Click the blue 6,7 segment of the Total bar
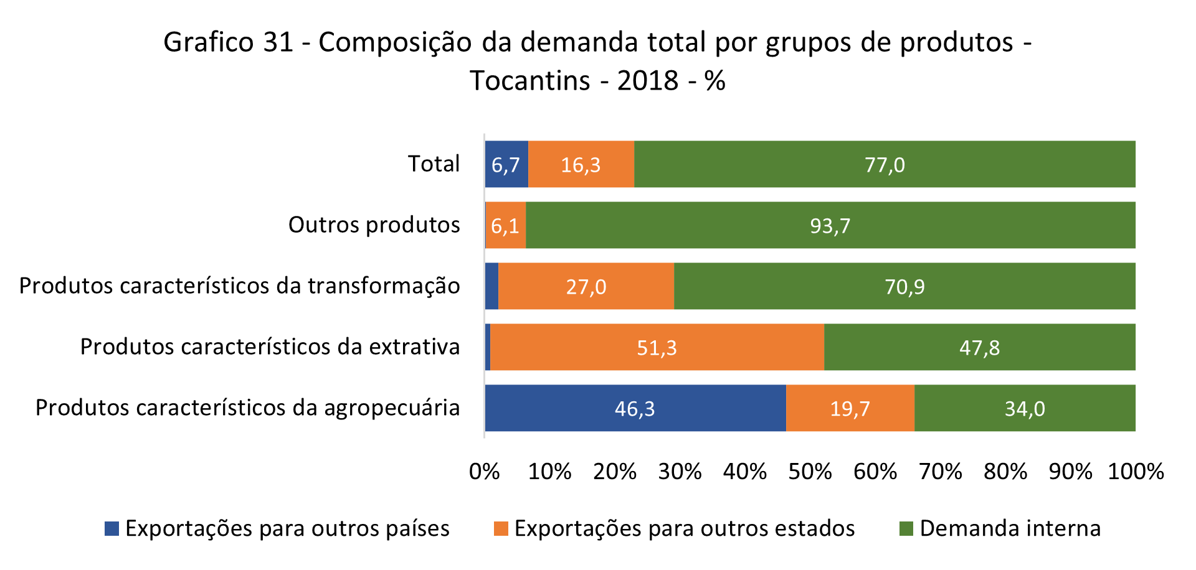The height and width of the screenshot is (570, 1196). coord(506,164)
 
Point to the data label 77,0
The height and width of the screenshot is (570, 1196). coord(885,165)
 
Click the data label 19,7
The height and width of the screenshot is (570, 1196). coord(850,409)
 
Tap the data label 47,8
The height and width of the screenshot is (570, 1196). coord(979,348)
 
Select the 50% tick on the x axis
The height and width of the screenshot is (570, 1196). coord(810,472)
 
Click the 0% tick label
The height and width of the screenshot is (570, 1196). coord(485,472)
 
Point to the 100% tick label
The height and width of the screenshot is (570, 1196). coord(1136,472)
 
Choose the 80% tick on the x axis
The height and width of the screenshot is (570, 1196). coord(1005,472)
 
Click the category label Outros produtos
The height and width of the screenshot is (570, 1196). coord(374,225)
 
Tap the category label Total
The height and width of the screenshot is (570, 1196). coord(434,164)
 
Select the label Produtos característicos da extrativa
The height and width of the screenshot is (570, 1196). coord(270,347)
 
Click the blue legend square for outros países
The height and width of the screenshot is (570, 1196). coord(112,528)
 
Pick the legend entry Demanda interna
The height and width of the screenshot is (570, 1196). coord(1010,528)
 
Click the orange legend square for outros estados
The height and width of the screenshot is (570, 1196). coord(501,528)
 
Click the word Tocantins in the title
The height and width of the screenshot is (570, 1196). coord(529,81)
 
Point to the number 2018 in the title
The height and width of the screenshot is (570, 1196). coord(647,81)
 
